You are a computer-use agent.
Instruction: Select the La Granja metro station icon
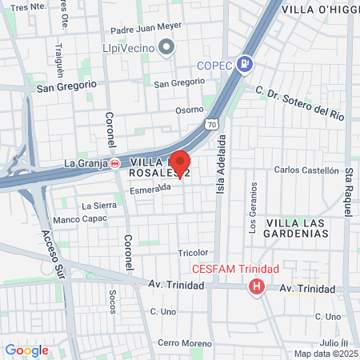[x=115, y=163]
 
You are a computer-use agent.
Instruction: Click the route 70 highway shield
[x=210, y=125]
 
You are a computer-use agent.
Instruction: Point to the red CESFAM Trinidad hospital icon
[x=256, y=286]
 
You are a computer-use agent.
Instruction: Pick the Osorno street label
[x=190, y=110]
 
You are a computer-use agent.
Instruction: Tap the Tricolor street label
[x=192, y=253]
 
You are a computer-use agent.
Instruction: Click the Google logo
[x=26, y=350]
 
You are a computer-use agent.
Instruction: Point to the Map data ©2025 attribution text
[x=325, y=354]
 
